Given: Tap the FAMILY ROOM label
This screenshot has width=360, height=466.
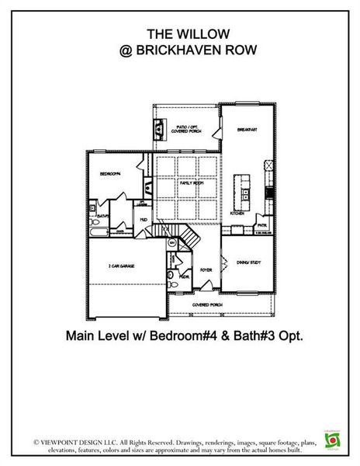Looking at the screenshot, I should pos(191,183).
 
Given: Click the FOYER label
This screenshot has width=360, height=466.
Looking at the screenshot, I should pos(206,270).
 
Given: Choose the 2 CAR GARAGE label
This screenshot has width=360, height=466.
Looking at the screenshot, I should pos(122,266).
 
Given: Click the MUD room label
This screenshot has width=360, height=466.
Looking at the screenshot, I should pos(144,220).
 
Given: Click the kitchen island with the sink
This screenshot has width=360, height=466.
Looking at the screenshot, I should pos(244,186).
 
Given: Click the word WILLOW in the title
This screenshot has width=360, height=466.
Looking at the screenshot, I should pos(189,33).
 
